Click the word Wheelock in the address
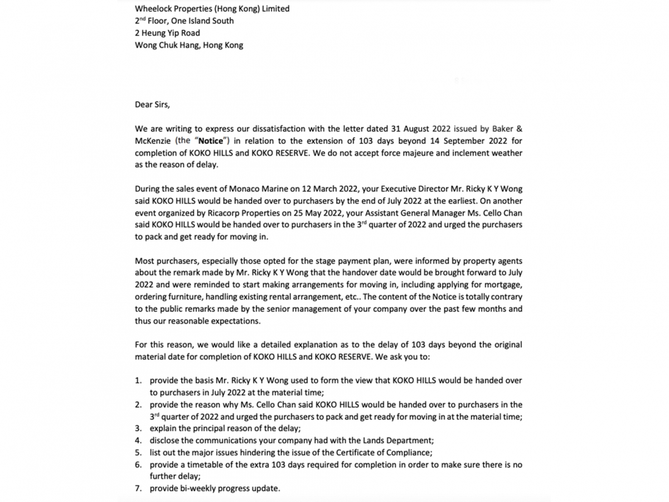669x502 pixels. click(x=154, y=9)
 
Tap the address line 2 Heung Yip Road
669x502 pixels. click(x=167, y=33)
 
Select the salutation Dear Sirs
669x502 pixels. click(x=152, y=104)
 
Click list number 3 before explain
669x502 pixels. click(x=138, y=428)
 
